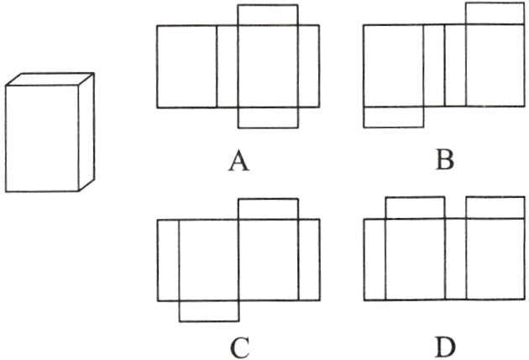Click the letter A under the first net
(238, 159)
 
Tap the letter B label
(444, 159)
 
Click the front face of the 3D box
(42, 138)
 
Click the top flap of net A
(268, 15)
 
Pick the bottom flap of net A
(268, 117)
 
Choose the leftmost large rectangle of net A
(186, 66)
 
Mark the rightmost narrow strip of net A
(308, 66)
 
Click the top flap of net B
(495, 13)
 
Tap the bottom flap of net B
(393, 117)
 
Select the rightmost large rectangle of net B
(495, 66)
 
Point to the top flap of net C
(268, 209)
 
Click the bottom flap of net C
(208, 311)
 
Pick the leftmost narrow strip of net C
(168, 260)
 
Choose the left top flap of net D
(415, 207)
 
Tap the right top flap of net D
(495, 207)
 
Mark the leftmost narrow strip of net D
(374, 260)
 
